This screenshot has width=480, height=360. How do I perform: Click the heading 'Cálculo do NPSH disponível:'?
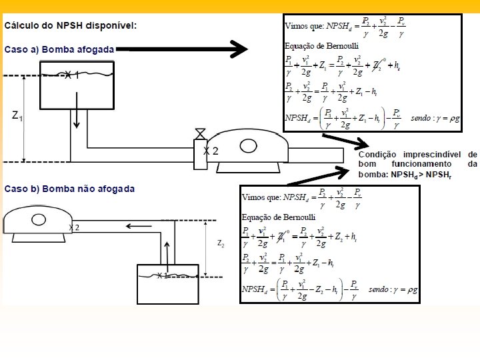tap(71, 25)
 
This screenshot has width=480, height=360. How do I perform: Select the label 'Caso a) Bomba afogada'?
tap(59, 49)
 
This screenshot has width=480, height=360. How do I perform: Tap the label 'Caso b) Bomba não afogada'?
tap(69, 189)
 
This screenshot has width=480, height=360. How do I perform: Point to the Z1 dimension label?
tap(17, 117)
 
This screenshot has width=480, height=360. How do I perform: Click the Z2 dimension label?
tap(221, 244)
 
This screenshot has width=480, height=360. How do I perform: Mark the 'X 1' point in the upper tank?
tap(72, 75)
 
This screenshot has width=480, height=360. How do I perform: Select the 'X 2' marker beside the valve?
tap(211, 151)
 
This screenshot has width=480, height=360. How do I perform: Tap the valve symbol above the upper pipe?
tap(199, 133)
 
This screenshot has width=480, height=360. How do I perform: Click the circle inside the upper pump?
tap(249, 145)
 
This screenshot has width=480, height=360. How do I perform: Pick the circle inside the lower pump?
tap(39, 219)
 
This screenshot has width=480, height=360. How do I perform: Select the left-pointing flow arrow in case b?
tap(139, 226)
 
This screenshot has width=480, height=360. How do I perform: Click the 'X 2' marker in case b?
tap(74, 227)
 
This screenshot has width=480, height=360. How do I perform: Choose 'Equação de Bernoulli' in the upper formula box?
tap(315, 46)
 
